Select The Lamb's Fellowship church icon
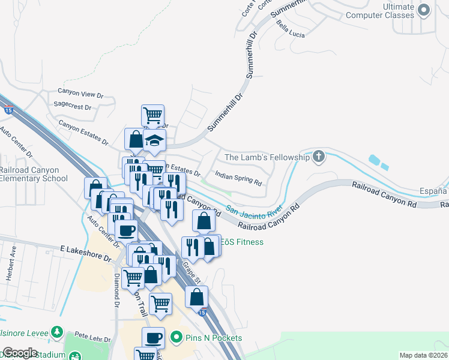coord(318,157)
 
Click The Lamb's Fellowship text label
coord(267,157)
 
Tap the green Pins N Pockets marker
coord(176,338)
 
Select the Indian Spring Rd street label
coord(238,179)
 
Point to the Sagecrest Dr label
coord(72,106)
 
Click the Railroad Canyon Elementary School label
coord(33,174)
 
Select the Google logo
coord(19,353)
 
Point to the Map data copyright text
coord(423,355)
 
